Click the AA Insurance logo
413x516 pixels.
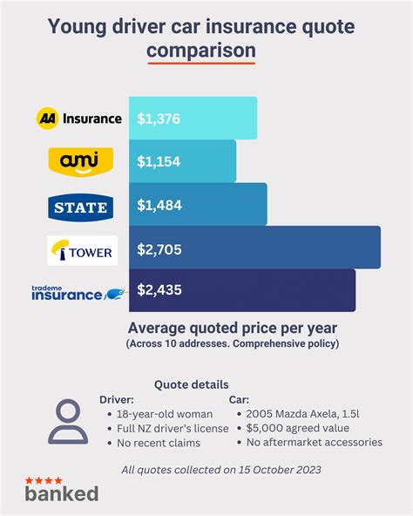coord(79,118)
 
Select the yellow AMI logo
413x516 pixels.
coord(80,160)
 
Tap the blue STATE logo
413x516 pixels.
coord(80,206)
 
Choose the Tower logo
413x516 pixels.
coord(80,250)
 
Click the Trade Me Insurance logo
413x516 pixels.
coord(79,291)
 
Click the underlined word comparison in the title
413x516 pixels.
coord(200,51)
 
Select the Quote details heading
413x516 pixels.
coord(192,384)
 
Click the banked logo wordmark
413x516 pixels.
coord(61,492)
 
